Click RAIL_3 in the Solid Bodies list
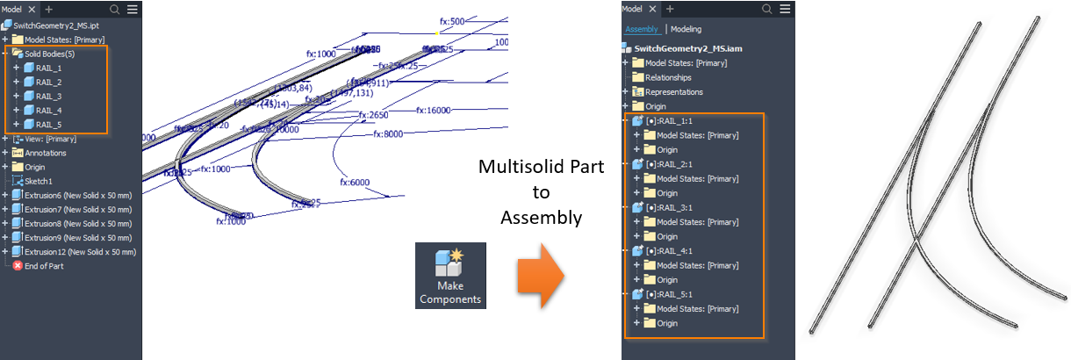click(48, 96)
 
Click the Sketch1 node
click(39, 181)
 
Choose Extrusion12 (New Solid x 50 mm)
click(79, 252)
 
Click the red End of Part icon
click(18, 266)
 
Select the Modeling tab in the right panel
click(686, 29)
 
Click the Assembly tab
click(641, 29)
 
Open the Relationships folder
click(668, 77)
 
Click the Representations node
click(674, 91)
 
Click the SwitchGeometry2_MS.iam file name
click(690, 48)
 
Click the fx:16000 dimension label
click(434, 110)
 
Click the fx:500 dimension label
click(452, 20)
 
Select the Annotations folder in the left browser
click(45, 153)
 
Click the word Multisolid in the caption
click(514, 167)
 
